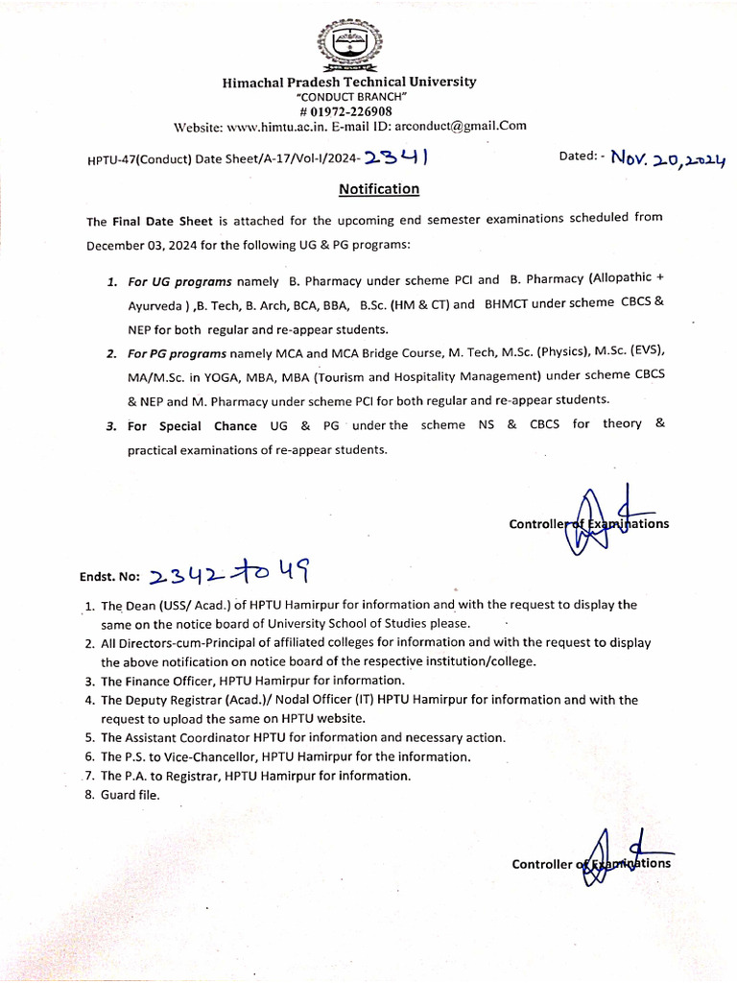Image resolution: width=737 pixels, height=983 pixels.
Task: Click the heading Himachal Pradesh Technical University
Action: tap(349, 83)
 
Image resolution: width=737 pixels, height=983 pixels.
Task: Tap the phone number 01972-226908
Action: tap(352, 111)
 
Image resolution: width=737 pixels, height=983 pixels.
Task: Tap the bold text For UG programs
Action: tap(179, 281)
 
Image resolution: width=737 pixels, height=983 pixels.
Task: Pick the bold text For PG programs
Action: tap(179, 354)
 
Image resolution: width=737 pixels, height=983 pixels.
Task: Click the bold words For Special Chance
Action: tap(192, 426)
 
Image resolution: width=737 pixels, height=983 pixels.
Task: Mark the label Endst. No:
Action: tap(110, 579)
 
